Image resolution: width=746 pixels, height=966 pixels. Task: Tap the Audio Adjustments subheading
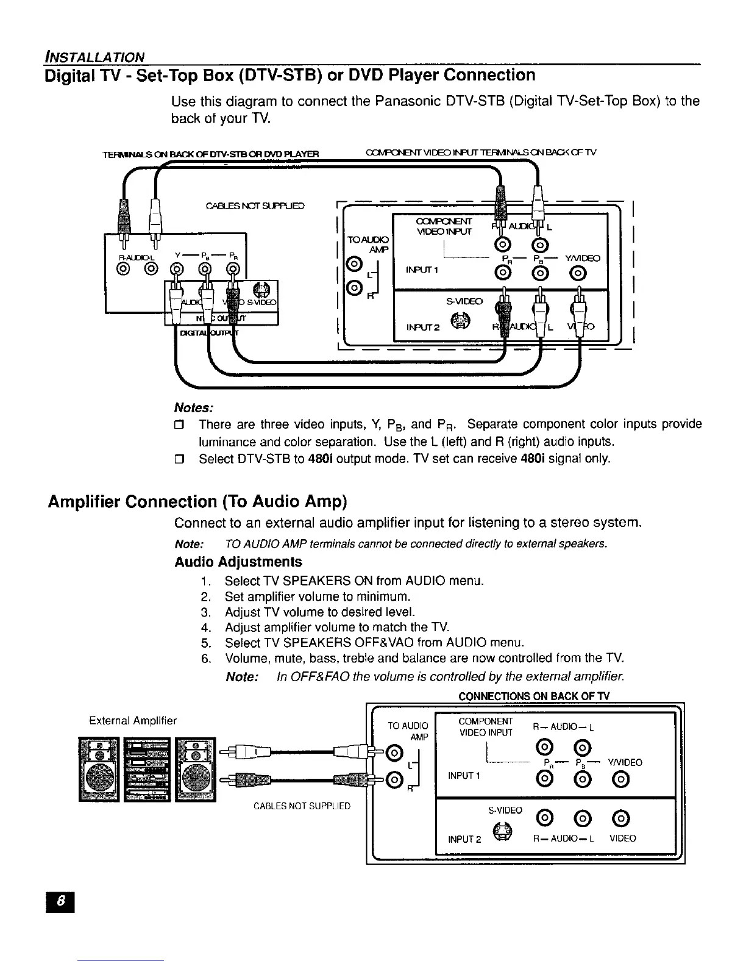[x=238, y=561]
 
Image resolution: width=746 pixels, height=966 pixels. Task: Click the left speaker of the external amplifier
[x=98, y=769]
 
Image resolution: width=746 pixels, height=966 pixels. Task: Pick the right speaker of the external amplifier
[x=196, y=769]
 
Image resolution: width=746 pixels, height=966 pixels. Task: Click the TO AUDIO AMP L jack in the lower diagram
[x=395, y=751]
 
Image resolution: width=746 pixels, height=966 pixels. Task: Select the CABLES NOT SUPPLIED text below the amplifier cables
[x=302, y=806]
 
